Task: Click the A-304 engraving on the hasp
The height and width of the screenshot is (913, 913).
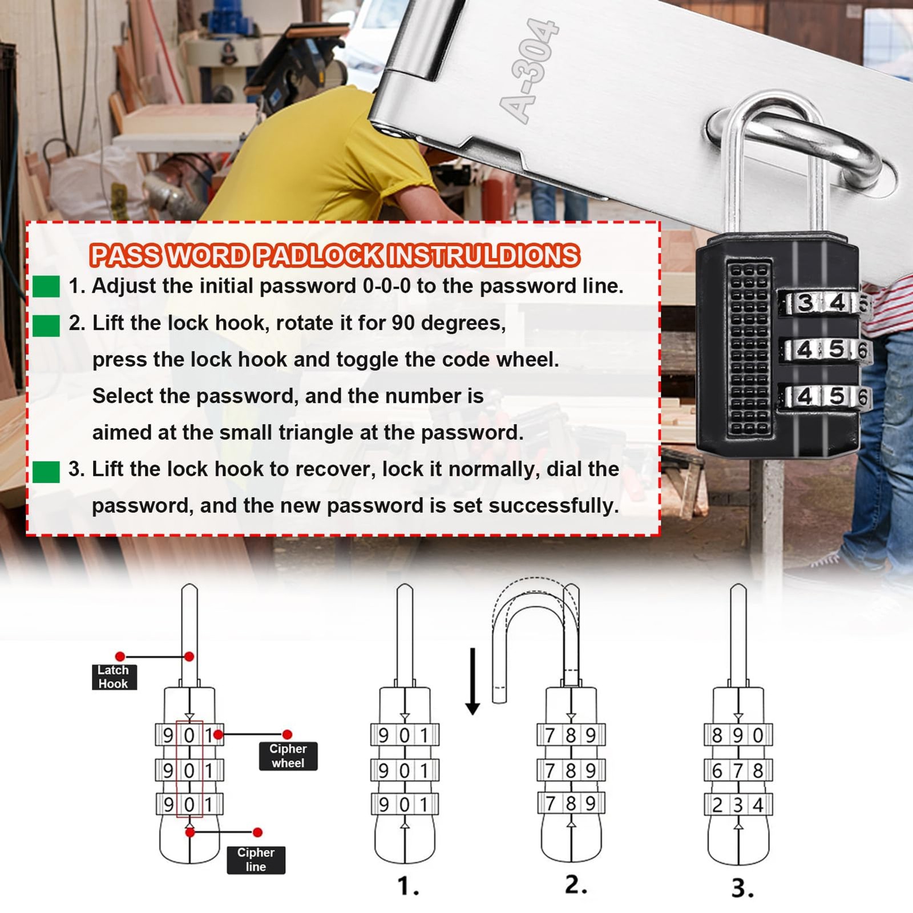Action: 528,71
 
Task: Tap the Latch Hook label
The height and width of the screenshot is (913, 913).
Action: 114,677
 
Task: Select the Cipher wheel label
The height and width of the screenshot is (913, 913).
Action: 288,756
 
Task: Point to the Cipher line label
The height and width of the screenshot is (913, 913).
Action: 256,859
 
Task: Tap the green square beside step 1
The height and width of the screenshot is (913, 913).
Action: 46,286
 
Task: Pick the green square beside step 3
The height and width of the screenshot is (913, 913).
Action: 46,472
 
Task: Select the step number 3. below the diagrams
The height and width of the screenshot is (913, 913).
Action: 742,888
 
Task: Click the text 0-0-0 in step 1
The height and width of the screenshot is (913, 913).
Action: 386,286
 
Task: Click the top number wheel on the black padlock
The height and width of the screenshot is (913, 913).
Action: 824,302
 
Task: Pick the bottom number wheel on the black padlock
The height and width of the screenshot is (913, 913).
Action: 824,396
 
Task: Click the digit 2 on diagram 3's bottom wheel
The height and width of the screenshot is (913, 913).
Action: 717,805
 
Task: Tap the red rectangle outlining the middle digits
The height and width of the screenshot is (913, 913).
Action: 177,768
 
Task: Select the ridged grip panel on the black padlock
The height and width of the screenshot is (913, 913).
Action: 749,348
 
